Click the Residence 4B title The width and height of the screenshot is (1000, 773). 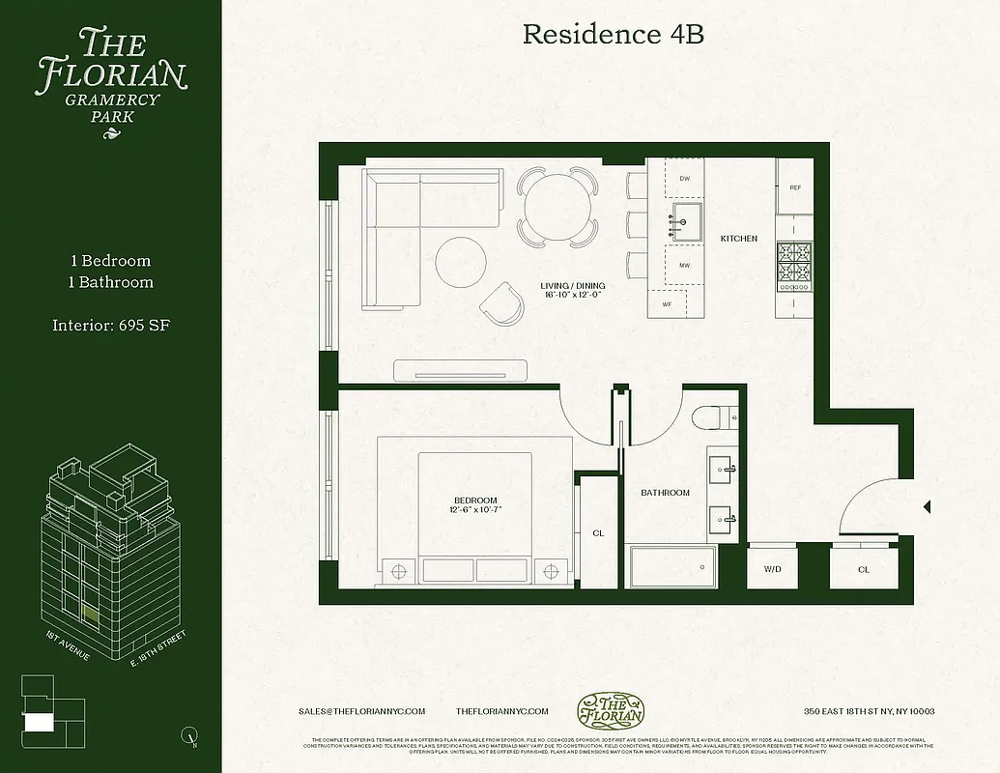point(613,35)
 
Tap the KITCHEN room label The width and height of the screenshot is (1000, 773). point(739,239)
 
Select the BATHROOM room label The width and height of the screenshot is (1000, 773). point(666,493)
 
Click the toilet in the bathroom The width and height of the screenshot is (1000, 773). point(713,416)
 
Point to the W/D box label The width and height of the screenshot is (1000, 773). point(773,569)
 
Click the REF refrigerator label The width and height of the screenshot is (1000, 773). point(795,187)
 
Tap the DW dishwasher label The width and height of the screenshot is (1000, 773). point(684,179)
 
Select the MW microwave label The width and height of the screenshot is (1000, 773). point(684,265)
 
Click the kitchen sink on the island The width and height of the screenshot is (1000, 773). point(688,220)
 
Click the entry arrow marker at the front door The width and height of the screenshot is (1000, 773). point(927,506)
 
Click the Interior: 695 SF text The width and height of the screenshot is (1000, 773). point(111,326)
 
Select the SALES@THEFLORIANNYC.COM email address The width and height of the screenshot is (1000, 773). point(362,711)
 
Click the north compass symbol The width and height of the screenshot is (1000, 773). point(189,738)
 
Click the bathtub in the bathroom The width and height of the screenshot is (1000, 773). point(673,567)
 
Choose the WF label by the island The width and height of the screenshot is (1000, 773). point(667,304)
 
